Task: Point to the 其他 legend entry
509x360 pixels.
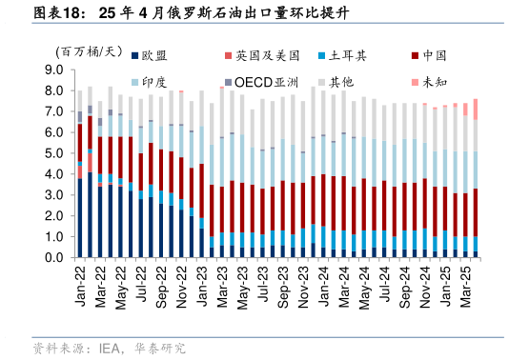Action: pos(340,82)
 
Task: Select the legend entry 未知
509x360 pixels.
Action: pos(434,82)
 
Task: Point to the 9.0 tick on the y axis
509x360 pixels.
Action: pos(54,70)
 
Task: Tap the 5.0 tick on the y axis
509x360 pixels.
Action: pos(54,153)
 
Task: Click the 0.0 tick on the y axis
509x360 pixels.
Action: pos(54,257)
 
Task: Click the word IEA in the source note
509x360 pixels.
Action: pos(112,349)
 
